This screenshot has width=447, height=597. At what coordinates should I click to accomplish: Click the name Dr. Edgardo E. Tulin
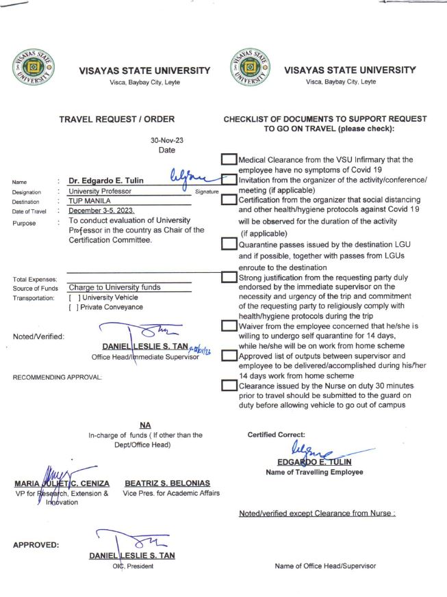[x=107, y=181]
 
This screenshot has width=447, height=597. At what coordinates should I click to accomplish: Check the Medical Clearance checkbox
[x=229, y=160]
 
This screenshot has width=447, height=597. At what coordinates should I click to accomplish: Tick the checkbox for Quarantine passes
[x=229, y=246]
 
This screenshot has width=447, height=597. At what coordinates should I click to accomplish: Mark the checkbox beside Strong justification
[x=229, y=278]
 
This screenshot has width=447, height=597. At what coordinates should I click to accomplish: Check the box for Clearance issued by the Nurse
[x=229, y=386]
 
